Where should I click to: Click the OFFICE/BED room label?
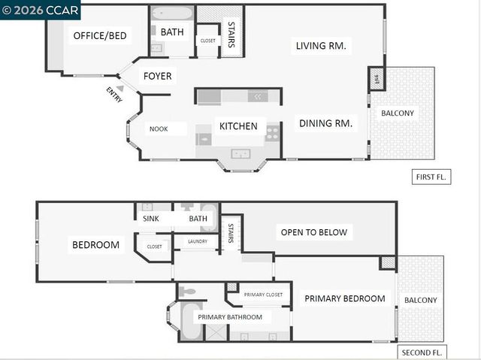(x=99, y=35)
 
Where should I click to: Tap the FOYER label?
(x=158, y=76)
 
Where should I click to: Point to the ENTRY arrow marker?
(x=120, y=89)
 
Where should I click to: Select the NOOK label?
(x=158, y=129)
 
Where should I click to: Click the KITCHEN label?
(x=238, y=126)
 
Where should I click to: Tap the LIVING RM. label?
(x=321, y=46)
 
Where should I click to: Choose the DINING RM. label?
(x=326, y=123)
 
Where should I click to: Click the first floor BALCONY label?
(x=397, y=113)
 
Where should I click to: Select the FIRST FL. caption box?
(x=431, y=177)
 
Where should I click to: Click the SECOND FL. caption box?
(x=422, y=352)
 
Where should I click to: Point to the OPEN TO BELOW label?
(x=313, y=232)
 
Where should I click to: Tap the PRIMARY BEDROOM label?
(x=344, y=298)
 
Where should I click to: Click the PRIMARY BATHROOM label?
(x=230, y=317)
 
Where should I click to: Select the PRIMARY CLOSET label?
(x=264, y=295)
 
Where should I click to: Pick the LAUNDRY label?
(x=197, y=241)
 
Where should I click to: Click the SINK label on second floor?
(x=151, y=219)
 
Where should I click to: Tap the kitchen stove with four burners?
(x=272, y=132)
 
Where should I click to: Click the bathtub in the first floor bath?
(x=171, y=14)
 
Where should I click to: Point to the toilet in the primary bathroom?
(x=188, y=291)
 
